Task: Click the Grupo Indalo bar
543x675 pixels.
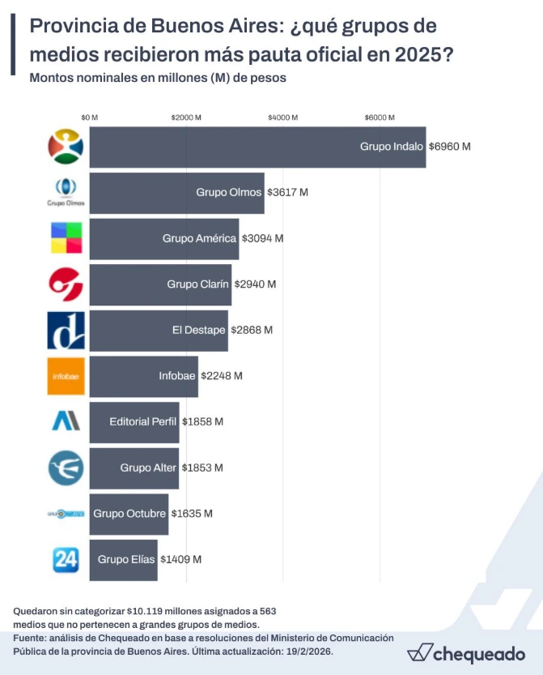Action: pos(257,147)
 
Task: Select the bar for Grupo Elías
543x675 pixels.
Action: pos(123,559)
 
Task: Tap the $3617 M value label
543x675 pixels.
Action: pos(287,193)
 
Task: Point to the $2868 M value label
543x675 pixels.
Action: pos(252,330)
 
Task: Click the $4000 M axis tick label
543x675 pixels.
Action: pos(282,117)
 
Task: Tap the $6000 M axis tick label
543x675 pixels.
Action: pos(379,117)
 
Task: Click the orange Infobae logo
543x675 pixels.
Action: pos(66,376)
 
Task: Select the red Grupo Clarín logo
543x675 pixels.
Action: pos(66,284)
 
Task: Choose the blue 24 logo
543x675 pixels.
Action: pos(66,559)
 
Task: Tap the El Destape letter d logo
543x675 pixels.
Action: pos(66,330)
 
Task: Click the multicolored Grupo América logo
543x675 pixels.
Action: pos(66,238)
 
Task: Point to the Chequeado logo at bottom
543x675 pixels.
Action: pos(465,652)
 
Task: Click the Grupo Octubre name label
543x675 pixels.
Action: pos(130,513)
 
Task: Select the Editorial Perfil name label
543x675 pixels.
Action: pos(143,421)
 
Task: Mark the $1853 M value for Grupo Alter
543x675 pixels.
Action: pos(202,468)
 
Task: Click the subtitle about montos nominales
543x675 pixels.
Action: pos(158,79)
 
